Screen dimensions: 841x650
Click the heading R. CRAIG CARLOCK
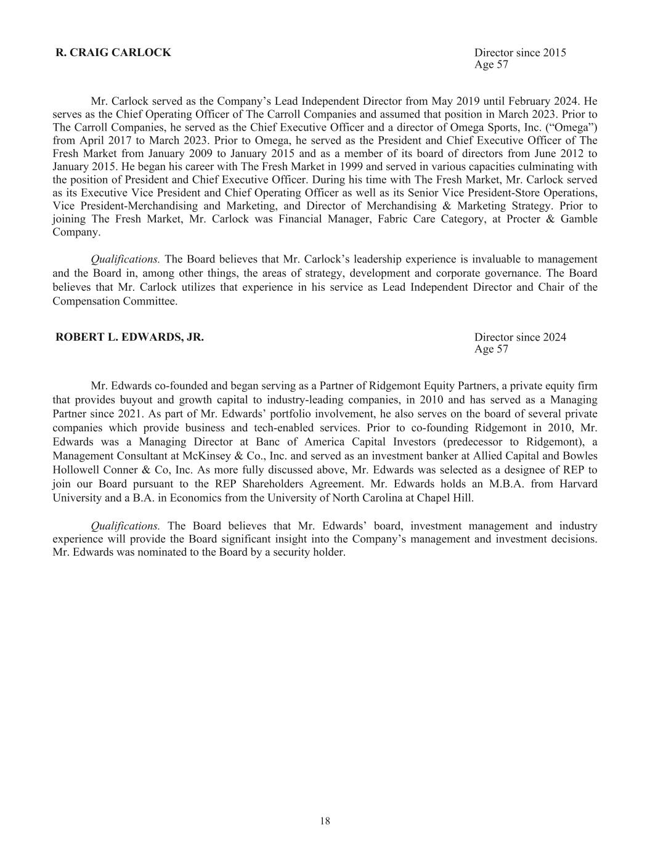pos(113,52)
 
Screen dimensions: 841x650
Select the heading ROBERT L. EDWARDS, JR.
pos(129,337)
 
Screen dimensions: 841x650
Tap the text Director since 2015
pos(520,52)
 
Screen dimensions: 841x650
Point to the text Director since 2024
pos(520,337)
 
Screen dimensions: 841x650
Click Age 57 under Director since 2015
pos(491,65)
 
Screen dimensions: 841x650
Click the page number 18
pos(325,821)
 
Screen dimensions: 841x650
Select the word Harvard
pos(579,484)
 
